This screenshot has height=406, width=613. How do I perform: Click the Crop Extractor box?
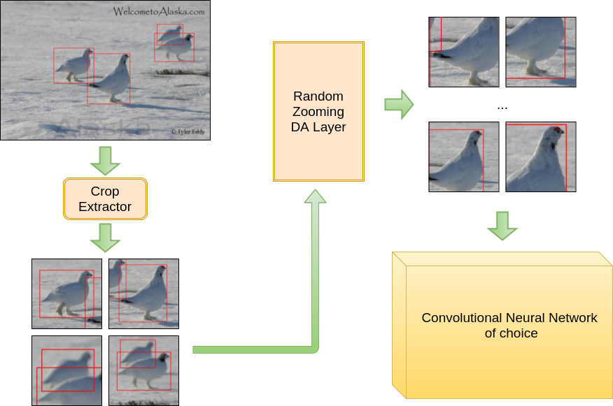coord(105,199)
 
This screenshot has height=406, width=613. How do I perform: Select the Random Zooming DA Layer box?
coord(318,112)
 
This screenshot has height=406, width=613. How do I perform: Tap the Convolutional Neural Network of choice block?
coord(502,325)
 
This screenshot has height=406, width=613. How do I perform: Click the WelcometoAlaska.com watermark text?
coord(159,11)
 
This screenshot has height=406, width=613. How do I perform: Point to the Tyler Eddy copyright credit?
coord(188,131)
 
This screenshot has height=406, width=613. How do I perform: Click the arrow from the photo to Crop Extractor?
coord(105,161)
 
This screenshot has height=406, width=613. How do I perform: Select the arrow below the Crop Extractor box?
coord(105,238)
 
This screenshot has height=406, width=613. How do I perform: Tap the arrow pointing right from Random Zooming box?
coord(399,105)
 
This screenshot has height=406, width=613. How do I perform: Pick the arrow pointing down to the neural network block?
coord(502,226)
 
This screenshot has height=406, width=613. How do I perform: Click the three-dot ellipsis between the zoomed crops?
coord(502,108)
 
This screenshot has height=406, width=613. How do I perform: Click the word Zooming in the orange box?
coord(318,112)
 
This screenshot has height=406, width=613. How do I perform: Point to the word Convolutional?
coord(464,318)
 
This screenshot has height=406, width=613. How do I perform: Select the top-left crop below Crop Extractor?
coord(67,293)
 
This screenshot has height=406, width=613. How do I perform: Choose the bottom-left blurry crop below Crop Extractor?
coord(67,370)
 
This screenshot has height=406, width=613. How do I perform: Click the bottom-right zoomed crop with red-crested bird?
coord(541,157)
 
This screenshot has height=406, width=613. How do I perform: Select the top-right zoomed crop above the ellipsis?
coord(541,52)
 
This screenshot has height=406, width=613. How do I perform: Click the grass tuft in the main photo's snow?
coord(182,72)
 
